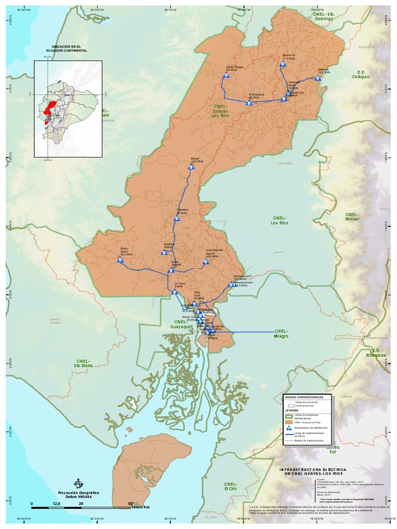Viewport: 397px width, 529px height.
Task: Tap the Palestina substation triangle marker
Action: [x=176, y=219]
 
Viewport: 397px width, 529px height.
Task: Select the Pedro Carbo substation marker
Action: [x=120, y=260]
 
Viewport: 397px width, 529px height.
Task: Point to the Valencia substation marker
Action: [x=317, y=78]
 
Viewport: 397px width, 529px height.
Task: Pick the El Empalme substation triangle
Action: [x=249, y=103]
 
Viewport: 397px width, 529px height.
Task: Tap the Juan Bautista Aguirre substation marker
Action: [x=205, y=262]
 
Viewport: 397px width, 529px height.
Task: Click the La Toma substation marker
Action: [x=175, y=292]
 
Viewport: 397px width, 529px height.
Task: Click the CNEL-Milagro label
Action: [x=281, y=333]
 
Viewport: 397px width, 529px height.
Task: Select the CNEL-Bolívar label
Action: [x=352, y=216]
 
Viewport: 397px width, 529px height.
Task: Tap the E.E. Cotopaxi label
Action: [x=361, y=74]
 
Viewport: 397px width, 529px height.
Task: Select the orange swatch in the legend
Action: [x=289, y=422]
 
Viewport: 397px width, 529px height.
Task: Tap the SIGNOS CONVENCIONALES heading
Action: [x=304, y=397]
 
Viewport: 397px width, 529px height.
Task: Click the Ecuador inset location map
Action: [x=68, y=108]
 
